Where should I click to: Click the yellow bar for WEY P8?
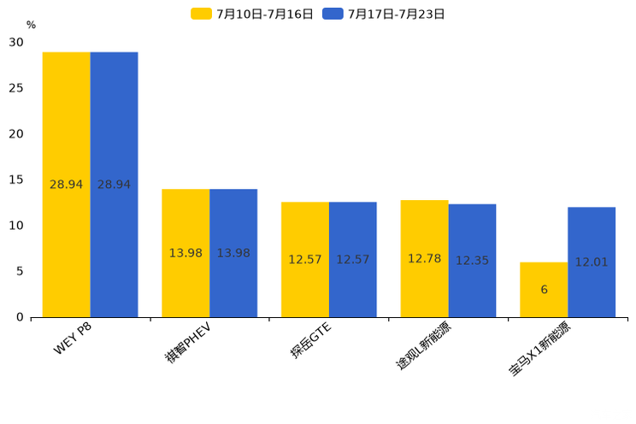coord(67,184)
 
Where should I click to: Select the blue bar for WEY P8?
coord(114,184)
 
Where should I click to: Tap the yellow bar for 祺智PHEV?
coord(185,253)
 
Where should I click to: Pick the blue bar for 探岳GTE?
coord(352,259)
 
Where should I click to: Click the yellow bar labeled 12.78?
coord(424,258)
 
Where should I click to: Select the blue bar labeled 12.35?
coord(472,260)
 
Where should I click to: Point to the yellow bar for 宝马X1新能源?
coord(544,289)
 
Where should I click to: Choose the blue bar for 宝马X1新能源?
coord(592,262)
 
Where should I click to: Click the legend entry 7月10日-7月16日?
coord(252,14)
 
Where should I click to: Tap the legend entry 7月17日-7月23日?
coord(384,14)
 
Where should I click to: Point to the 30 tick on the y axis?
coord(16,42)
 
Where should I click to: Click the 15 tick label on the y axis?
coord(16,180)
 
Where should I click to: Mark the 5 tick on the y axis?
coord(20,271)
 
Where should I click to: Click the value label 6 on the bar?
coord(544,290)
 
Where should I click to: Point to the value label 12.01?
coord(592,262)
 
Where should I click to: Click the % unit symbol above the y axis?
coord(31,25)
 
